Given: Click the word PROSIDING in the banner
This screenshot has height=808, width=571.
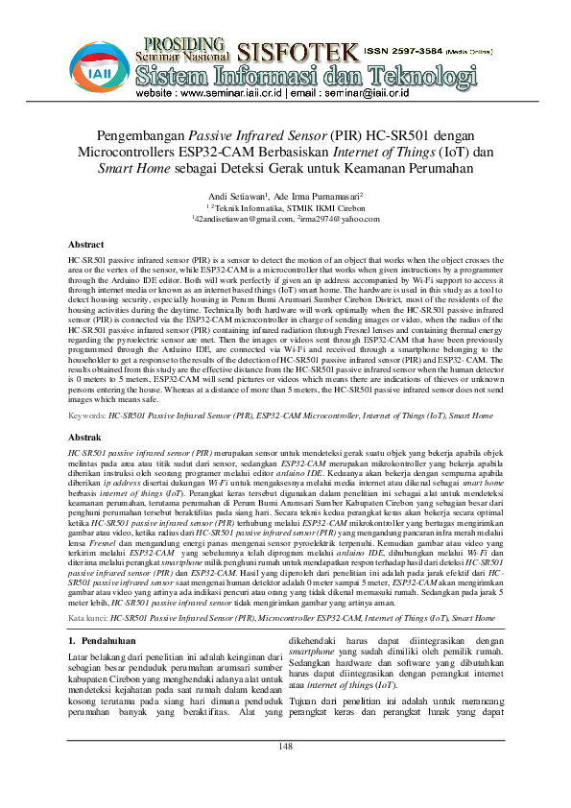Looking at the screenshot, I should point(183,43).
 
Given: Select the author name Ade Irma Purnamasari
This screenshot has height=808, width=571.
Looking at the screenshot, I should point(318,193).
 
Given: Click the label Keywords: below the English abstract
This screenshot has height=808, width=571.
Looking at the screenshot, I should point(88,416).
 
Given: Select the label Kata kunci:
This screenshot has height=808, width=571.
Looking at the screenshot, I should point(88,619).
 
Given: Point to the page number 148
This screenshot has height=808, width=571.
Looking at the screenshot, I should point(285,773).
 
